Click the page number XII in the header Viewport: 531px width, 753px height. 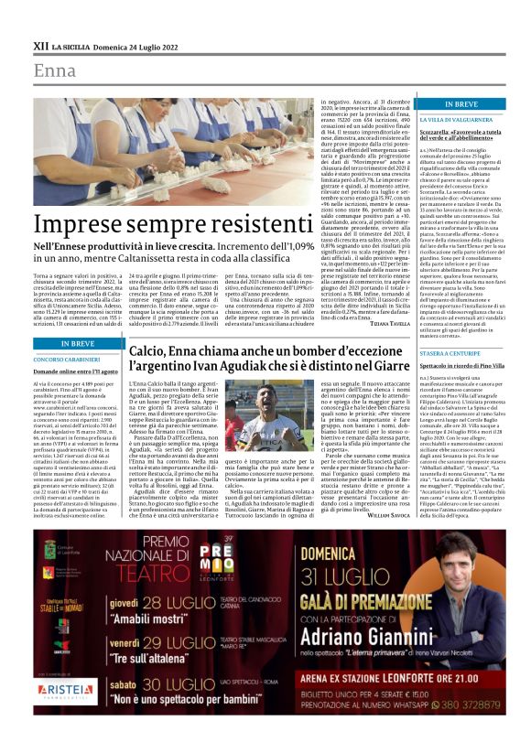point(40,43)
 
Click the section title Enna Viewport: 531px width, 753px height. point(55,70)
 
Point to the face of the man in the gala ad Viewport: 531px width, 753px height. point(468,560)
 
